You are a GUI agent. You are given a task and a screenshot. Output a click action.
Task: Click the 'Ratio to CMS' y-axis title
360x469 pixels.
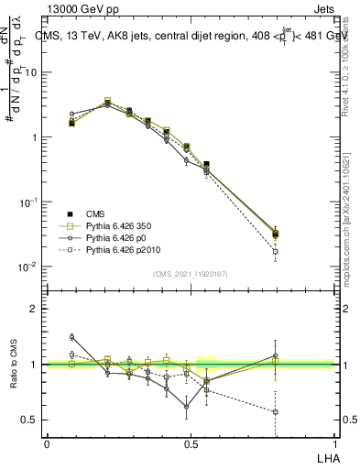click(x=16, y=364)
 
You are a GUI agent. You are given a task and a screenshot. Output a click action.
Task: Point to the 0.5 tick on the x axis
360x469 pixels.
click(x=190, y=442)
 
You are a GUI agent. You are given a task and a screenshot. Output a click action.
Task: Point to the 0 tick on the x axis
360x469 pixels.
click(x=47, y=442)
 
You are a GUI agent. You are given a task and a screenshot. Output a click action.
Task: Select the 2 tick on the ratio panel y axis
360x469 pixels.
click(x=33, y=309)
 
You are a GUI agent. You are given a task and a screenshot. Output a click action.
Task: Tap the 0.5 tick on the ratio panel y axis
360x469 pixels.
click(x=29, y=420)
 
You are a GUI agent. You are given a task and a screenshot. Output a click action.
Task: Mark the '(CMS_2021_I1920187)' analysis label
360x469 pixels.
click(x=190, y=273)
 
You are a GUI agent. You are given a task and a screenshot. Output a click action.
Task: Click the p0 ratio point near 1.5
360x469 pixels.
click(x=71, y=337)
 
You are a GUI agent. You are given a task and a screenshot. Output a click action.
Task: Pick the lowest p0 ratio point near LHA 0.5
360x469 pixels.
click(x=186, y=407)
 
